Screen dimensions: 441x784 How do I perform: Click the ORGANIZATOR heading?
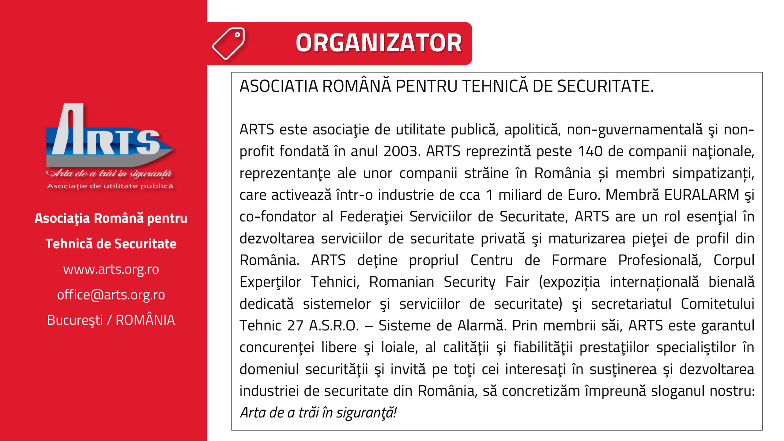379,43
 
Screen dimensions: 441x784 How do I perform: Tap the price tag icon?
229,43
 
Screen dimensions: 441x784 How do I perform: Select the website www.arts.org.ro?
111,269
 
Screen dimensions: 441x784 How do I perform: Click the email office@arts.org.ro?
111,295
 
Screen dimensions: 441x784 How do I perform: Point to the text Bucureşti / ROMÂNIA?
111,320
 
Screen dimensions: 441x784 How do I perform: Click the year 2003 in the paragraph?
401,151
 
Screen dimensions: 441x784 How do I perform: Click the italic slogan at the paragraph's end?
318,413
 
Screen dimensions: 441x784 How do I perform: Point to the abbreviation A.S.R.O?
334,326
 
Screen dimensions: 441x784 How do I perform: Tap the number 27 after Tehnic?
295,326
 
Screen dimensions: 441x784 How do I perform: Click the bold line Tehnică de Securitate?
111,244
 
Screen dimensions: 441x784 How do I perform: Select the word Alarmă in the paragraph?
481,326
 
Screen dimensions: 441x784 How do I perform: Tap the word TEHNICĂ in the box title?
495,86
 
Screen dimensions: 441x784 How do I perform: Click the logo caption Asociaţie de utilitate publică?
110,186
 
